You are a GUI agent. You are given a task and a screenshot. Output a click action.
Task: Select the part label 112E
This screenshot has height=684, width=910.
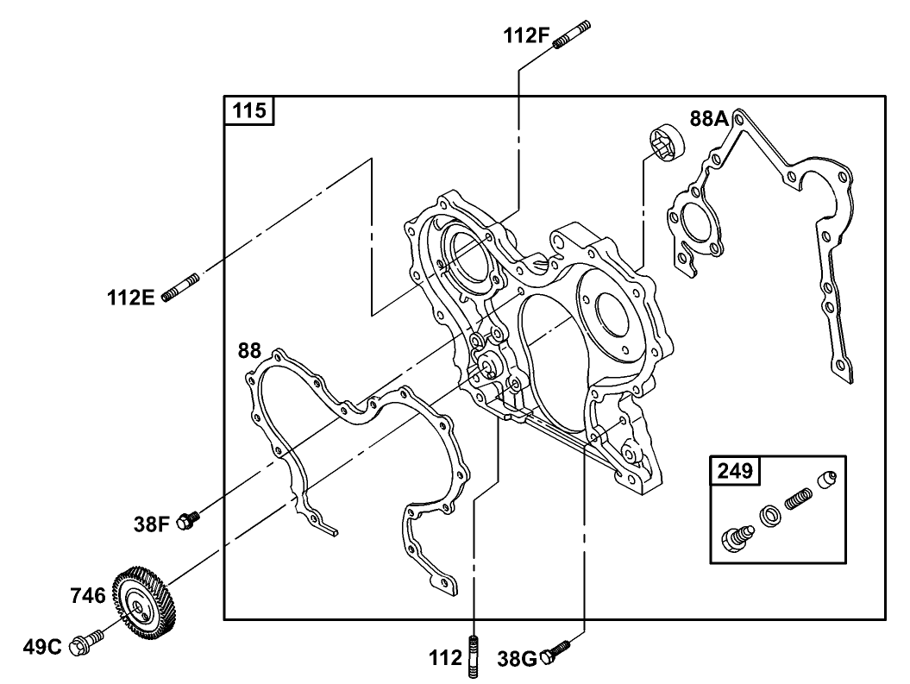[x=130, y=298]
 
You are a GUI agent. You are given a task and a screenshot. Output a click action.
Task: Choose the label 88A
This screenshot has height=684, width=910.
[x=709, y=118]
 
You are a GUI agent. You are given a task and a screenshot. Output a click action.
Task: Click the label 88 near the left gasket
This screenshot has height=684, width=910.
[x=249, y=350]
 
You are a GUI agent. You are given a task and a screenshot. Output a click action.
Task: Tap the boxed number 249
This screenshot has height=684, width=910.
[x=734, y=470]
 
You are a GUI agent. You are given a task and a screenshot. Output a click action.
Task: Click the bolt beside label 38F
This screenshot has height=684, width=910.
[x=187, y=520]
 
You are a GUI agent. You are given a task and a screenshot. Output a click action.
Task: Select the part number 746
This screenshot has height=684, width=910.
[x=87, y=595]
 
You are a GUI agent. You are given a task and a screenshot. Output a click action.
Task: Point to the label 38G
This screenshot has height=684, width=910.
[x=518, y=660]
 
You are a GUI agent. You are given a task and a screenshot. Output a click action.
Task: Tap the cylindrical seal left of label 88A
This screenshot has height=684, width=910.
[x=666, y=141]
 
